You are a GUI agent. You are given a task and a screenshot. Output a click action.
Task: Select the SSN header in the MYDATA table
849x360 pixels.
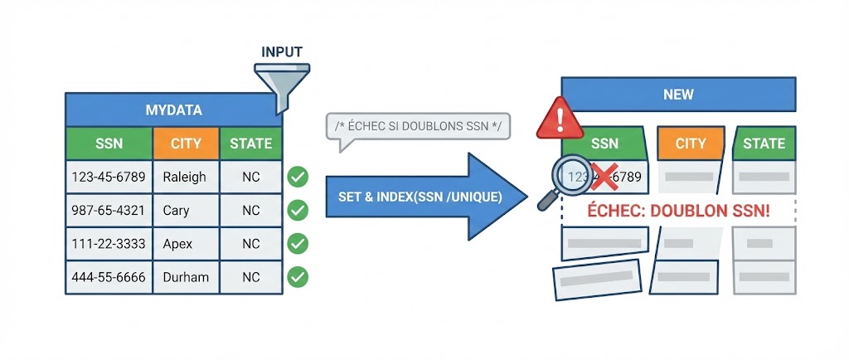click(109, 144)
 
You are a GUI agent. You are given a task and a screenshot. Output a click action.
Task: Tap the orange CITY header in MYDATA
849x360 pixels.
click(186, 144)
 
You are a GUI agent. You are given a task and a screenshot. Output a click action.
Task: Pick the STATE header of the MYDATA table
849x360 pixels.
click(250, 144)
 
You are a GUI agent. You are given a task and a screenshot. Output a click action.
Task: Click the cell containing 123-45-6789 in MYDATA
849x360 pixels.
click(109, 177)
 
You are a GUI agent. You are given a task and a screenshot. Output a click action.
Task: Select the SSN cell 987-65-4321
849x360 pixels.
click(109, 210)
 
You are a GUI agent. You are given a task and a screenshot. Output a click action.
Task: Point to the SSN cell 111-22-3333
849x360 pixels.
click(109, 244)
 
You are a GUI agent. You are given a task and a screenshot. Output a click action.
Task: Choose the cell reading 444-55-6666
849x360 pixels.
click(109, 277)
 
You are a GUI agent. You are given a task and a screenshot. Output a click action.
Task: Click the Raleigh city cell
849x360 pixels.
click(185, 177)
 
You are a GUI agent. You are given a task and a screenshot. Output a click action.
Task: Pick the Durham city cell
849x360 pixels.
click(186, 277)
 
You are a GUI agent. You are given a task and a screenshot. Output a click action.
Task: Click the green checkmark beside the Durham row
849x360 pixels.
click(297, 277)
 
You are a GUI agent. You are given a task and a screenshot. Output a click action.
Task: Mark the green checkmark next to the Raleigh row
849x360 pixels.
click(297, 177)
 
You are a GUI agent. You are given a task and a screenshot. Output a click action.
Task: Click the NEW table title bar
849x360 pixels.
click(678, 94)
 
